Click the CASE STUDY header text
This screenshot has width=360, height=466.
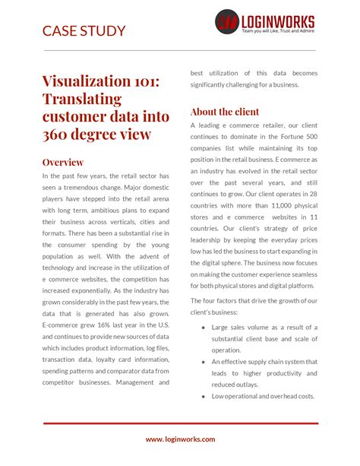click(84, 31)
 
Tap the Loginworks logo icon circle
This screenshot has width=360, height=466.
click(227, 21)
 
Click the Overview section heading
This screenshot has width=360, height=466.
click(63, 162)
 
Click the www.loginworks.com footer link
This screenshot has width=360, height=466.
click(180, 439)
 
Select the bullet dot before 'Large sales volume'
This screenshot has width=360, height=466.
click(204, 328)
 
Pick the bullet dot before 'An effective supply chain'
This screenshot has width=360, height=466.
click(204, 362)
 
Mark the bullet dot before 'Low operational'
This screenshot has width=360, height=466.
click(204, 396)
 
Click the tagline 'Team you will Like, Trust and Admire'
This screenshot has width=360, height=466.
click(278, 31)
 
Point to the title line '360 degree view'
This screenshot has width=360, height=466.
click(96, 135)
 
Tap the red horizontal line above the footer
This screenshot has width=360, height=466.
click(180, 423)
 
